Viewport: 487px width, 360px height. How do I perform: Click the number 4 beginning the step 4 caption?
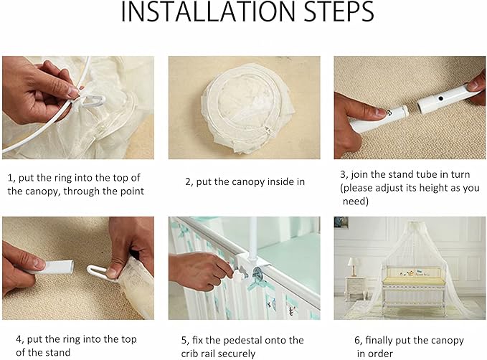10,339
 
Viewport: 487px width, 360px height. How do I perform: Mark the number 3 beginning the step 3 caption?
343,174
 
